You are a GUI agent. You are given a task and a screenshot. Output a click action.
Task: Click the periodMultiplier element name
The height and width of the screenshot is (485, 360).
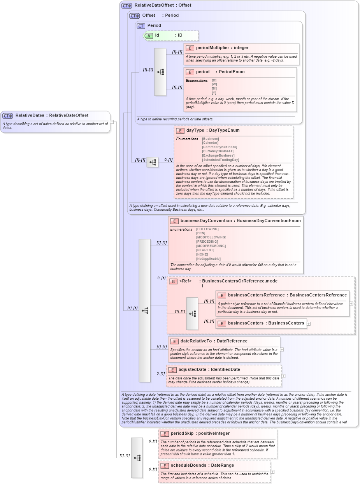(x=212, y=48)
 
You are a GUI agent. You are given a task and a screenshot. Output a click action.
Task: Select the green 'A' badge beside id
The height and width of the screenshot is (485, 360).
(x=149, y=35)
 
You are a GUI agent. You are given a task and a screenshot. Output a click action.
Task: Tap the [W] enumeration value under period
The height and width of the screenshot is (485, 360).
(x=214, y=85)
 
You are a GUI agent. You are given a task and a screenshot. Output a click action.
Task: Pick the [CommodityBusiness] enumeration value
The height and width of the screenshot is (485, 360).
(x=219, y=147)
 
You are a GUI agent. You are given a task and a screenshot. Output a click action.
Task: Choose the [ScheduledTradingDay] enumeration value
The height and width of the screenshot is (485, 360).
(x=220, y=160)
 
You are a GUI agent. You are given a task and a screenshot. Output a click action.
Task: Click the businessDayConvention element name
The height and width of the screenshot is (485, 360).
(x=205, y=221)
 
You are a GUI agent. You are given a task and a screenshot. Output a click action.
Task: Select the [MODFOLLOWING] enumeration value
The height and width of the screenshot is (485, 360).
(x=211, y=237)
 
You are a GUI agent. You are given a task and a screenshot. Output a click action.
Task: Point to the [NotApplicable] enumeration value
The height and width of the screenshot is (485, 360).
(x=208, y=259)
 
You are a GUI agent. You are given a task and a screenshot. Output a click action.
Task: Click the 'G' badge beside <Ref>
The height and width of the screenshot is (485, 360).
(x=173, y=281)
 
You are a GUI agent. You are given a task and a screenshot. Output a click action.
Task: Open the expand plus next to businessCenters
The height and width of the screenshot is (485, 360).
(x=309, y=323)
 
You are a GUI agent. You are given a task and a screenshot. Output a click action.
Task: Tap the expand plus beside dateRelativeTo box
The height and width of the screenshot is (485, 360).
(x=282, y=349)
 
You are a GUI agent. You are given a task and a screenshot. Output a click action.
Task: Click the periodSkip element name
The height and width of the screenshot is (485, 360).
(x=182, y=434)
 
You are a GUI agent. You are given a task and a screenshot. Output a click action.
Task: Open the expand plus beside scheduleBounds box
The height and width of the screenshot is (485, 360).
(x=272, y=472)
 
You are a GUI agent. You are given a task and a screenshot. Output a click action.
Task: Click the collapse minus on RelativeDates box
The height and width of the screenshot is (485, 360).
(x=112, y=122)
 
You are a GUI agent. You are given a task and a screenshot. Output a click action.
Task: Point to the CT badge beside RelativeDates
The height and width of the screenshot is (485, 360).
(x=8, y=116)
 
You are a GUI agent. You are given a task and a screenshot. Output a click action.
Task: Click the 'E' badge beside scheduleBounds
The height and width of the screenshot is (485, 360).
(x=165, y=466)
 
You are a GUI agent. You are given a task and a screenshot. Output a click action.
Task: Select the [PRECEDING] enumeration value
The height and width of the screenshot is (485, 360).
(x=207, y=242)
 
